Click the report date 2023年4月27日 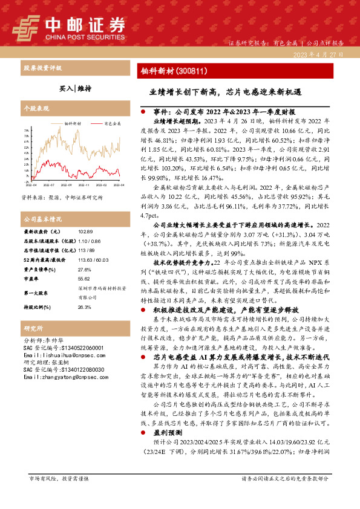pos(318,54)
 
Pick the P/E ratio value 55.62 pos(84,279)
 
